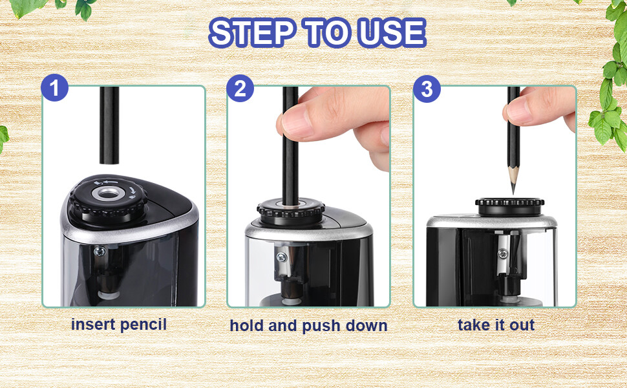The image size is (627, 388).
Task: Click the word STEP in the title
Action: click(x=252, y=32)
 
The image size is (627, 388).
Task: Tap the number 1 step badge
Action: click(x=55, y=87)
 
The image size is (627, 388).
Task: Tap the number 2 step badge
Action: click(x=240, y=89)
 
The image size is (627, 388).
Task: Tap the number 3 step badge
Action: click(x=427, y=89)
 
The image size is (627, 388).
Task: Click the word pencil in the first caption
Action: click(x=143, y=325)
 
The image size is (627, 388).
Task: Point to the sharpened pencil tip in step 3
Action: click(x=513, y=192)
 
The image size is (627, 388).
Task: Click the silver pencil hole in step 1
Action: click(x=107, y=193)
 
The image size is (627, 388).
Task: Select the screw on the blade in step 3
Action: click(x=503, y=253)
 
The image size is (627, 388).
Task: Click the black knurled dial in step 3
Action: click(x=510, y=206)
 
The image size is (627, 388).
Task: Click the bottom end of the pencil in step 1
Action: click(x=109, y=163)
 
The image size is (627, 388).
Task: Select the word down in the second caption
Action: click(x=367, y=326)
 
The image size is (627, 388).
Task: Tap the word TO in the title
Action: click(x=326, y=32)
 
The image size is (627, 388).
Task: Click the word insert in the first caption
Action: click(x=93, y=325)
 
